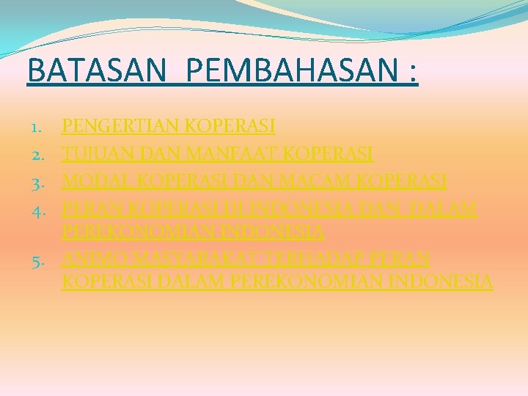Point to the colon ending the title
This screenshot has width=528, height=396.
click(x=414, y=73)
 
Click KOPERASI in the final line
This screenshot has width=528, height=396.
click(x=107, y=281)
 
